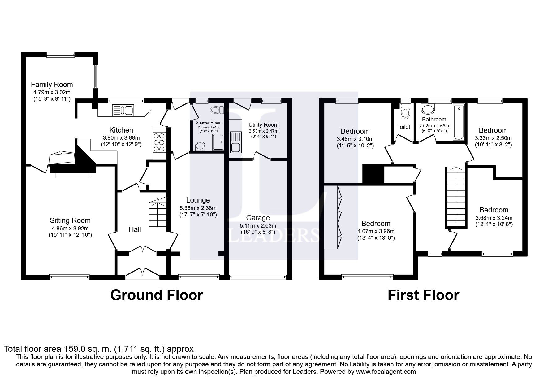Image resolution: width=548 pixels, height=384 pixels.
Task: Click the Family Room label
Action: tap(52, 85)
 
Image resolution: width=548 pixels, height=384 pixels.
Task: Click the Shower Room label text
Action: tap(209, 123)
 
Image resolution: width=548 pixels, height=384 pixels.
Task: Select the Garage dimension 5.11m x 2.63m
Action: tap(258, 226)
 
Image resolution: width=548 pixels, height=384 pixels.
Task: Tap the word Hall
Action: tap(135, 229)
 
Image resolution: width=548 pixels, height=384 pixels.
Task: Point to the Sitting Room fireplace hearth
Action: tap(73, 175)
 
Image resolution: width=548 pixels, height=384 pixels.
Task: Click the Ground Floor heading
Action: tap(156, 295)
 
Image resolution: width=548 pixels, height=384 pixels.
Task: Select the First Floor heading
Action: tap(423, 295)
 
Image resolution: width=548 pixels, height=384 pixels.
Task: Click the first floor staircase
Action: tap(455, 197)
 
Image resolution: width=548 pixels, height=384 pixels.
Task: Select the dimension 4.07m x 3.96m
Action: tap(376, 231)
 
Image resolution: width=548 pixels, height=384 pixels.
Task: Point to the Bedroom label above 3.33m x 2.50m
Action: tap(493, 130)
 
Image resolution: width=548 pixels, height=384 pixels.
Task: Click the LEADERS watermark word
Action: tap(274, 235)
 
